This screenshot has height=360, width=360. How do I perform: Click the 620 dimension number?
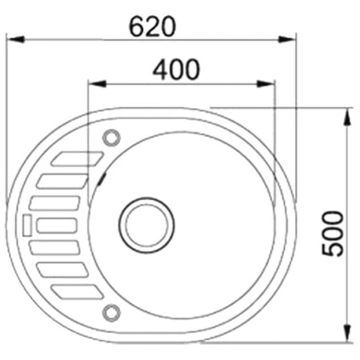(152, 26)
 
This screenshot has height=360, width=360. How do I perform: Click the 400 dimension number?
(176, 70)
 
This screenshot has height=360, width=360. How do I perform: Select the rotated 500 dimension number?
(333, 234)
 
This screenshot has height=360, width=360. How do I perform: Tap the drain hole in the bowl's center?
(146, 225)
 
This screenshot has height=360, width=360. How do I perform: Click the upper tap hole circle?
(111, 138)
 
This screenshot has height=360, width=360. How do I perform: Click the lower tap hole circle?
(111, 313)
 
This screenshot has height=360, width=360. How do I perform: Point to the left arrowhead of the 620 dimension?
(15, 39)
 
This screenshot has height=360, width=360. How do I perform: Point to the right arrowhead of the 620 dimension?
(287, 40)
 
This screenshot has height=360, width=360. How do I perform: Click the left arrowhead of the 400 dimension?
(98, 84)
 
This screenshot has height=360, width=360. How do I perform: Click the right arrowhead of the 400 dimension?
(266, 84)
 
